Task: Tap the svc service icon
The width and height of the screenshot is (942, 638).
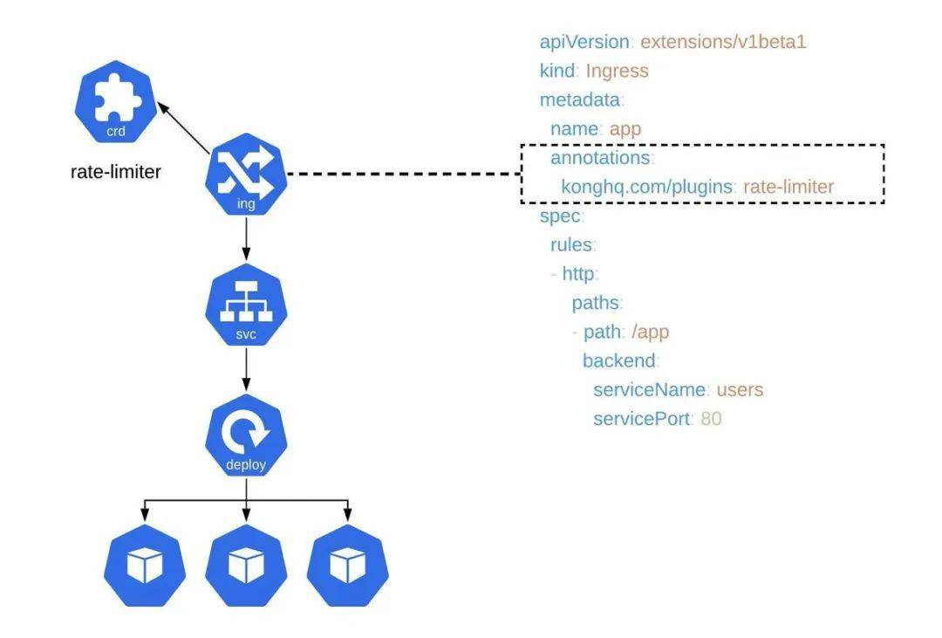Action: pos(246,305)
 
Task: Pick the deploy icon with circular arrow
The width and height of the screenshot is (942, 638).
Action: pos(246,436)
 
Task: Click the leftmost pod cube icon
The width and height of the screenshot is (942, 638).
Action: pos(144,566)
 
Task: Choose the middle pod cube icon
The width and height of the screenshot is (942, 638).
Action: pos(246,566)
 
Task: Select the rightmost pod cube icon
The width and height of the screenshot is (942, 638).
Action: pos(348,566)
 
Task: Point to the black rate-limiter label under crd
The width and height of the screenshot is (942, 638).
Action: pos(115,172)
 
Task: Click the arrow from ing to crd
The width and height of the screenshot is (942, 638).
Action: pos(184,126)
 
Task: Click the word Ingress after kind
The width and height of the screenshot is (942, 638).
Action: pos(617,71)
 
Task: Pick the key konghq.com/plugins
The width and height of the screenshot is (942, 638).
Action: pos(646,187)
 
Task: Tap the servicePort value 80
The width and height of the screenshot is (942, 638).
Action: pos(711,419)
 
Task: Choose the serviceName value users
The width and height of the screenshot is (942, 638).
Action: pos(740,390)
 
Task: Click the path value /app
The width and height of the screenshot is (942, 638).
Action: pos(650,332)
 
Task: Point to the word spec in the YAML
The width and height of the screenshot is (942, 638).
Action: pos(559,216)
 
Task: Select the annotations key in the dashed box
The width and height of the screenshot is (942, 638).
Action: pos(600,158)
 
